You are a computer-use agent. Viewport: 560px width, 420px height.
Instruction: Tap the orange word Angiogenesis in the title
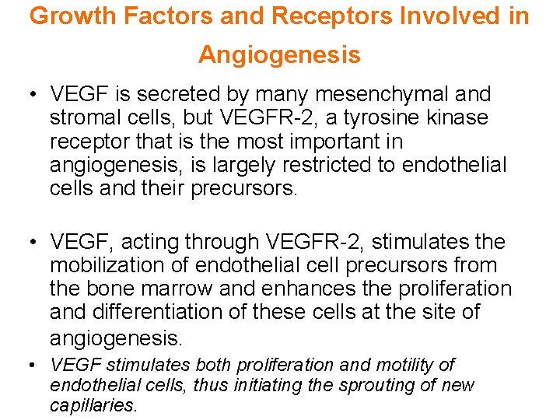279,54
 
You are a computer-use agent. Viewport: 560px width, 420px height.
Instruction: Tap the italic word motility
408,365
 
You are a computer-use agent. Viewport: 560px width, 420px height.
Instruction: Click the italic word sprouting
363,385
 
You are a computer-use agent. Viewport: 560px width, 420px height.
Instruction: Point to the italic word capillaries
92,405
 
